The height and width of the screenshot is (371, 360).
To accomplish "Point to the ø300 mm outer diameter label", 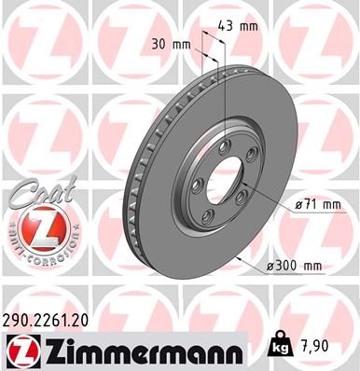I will [294, 267].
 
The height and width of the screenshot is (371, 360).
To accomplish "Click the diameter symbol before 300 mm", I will [271, 267].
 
